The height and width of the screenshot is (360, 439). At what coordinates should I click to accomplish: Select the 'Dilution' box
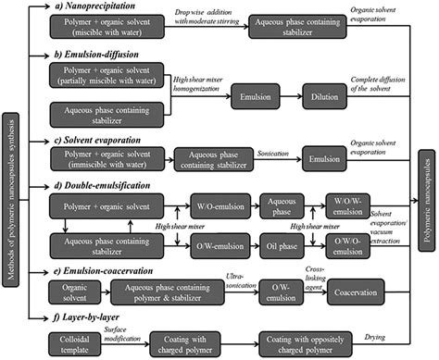tap(328, 95)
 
